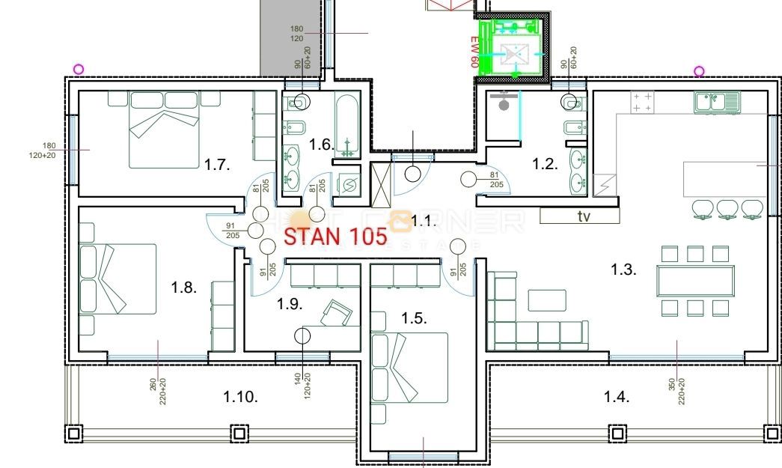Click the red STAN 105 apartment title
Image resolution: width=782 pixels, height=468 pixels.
[335, 237]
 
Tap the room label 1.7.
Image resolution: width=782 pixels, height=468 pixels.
[216, 165]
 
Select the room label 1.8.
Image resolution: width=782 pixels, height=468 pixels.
[183, 288]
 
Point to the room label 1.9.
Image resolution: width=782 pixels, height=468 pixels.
[290, 303]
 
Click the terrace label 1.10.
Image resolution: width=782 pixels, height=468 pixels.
[240, 397]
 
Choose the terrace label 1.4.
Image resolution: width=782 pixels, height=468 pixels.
[617, 397]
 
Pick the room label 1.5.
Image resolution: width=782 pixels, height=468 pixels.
[414, 317]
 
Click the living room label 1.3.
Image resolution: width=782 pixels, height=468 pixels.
[623, 270]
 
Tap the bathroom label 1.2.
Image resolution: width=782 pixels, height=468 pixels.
[545, 165]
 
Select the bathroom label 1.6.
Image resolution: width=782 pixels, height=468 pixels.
[321, 145]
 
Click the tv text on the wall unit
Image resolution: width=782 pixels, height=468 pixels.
[584, 216]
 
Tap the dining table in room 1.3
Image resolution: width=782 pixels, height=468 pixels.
[695, 281]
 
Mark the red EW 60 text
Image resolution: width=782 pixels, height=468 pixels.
[474, 53]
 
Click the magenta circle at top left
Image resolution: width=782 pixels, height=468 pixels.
[79, 70]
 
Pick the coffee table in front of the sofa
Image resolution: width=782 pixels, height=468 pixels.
[547, 300]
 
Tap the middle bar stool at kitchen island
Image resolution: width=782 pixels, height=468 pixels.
[727, 209]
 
